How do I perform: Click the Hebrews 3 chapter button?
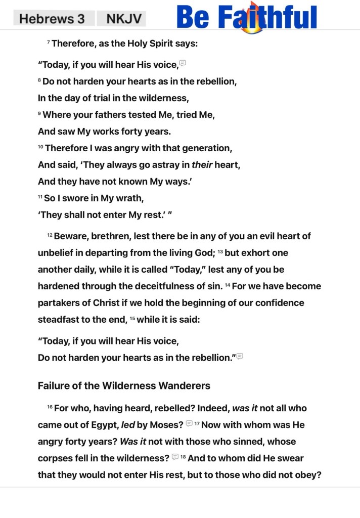click(52, 19)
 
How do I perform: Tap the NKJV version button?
click(121, 19)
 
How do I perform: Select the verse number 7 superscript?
click(49, 42)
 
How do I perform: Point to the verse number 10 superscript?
click(40, 147)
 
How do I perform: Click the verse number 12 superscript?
click(50, 235)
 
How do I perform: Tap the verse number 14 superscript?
click(228, 285)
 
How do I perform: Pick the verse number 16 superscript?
click(50, 407)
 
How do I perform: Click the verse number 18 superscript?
click(183, 457)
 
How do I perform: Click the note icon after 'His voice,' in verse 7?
click(183, 63)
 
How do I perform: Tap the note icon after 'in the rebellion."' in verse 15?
click(240, 356)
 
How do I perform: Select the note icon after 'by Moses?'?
click(189, 423)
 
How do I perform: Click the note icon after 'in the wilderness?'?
click(175, 457)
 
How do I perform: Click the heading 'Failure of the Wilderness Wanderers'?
click(124, 386)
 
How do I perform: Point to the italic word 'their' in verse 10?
click(202, 165)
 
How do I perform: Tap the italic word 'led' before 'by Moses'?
click(128, 425)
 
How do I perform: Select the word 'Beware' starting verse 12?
click(71, 236)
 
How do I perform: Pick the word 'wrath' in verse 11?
click(122, 198)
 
